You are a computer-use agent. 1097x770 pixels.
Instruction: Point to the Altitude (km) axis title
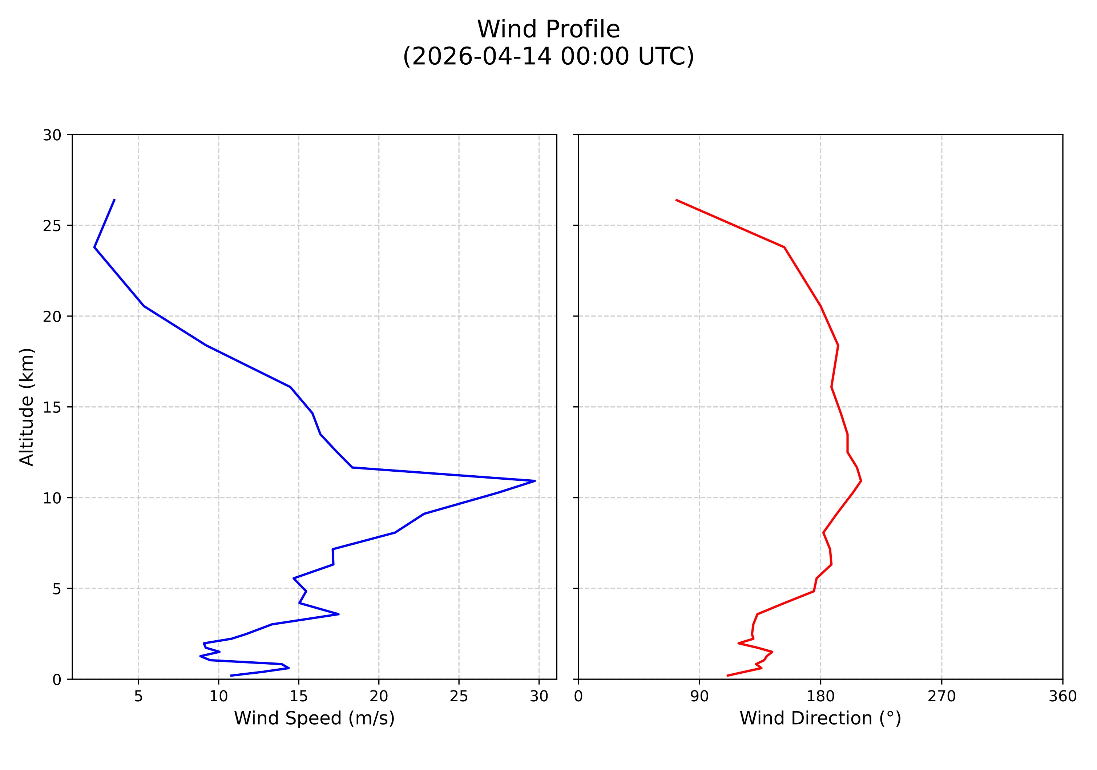27,407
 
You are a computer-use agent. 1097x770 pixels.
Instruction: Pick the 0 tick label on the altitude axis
57,680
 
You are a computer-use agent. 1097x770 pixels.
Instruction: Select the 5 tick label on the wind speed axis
138,697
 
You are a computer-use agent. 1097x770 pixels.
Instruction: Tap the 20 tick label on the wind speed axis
379,697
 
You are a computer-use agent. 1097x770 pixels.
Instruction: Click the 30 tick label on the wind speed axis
539,697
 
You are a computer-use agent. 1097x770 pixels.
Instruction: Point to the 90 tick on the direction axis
699,697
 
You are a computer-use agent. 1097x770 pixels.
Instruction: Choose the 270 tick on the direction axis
942,697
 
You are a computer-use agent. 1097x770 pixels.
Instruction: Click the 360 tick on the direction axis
1062,697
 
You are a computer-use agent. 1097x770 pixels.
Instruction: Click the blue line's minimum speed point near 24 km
94,247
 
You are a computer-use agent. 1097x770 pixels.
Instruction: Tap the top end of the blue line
114,199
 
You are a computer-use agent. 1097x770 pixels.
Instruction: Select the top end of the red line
676,199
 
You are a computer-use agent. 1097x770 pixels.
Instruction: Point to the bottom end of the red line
727,676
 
